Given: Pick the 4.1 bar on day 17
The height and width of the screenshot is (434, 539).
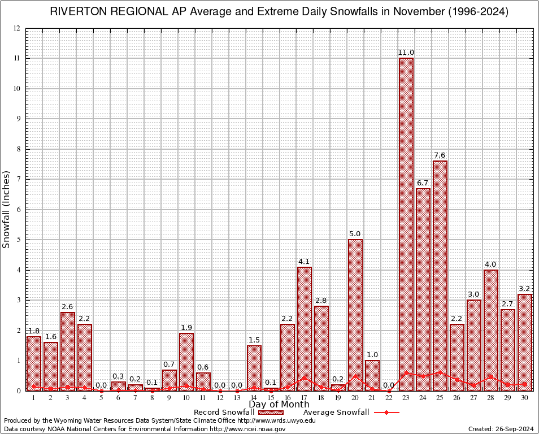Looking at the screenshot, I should click(x=305, y=328).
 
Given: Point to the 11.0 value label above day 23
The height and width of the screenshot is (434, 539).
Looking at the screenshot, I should click(x=406, y=53).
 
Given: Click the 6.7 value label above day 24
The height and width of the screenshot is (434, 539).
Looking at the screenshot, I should click(x=423, y=183).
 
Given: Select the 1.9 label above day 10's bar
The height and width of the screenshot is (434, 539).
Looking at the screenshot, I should click(x=186, y=328).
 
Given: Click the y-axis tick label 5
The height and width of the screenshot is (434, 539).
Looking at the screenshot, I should click(x=19, y=240).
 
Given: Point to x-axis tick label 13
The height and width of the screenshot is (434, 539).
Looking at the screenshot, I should click(x=237, y=398).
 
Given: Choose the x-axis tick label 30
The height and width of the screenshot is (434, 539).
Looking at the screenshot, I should click(x=525, y=398).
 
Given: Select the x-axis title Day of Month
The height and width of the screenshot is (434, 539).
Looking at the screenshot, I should click(x=279, y=405).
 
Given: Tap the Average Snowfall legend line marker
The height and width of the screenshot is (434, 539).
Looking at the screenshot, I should click(x=386, y=413).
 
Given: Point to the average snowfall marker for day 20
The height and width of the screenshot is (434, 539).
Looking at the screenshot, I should click(x=355, y=375).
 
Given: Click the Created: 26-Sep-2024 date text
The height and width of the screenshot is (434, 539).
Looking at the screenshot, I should click(x=501, y=429).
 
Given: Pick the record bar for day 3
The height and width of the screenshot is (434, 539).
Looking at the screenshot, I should click(x=68, y=351).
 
